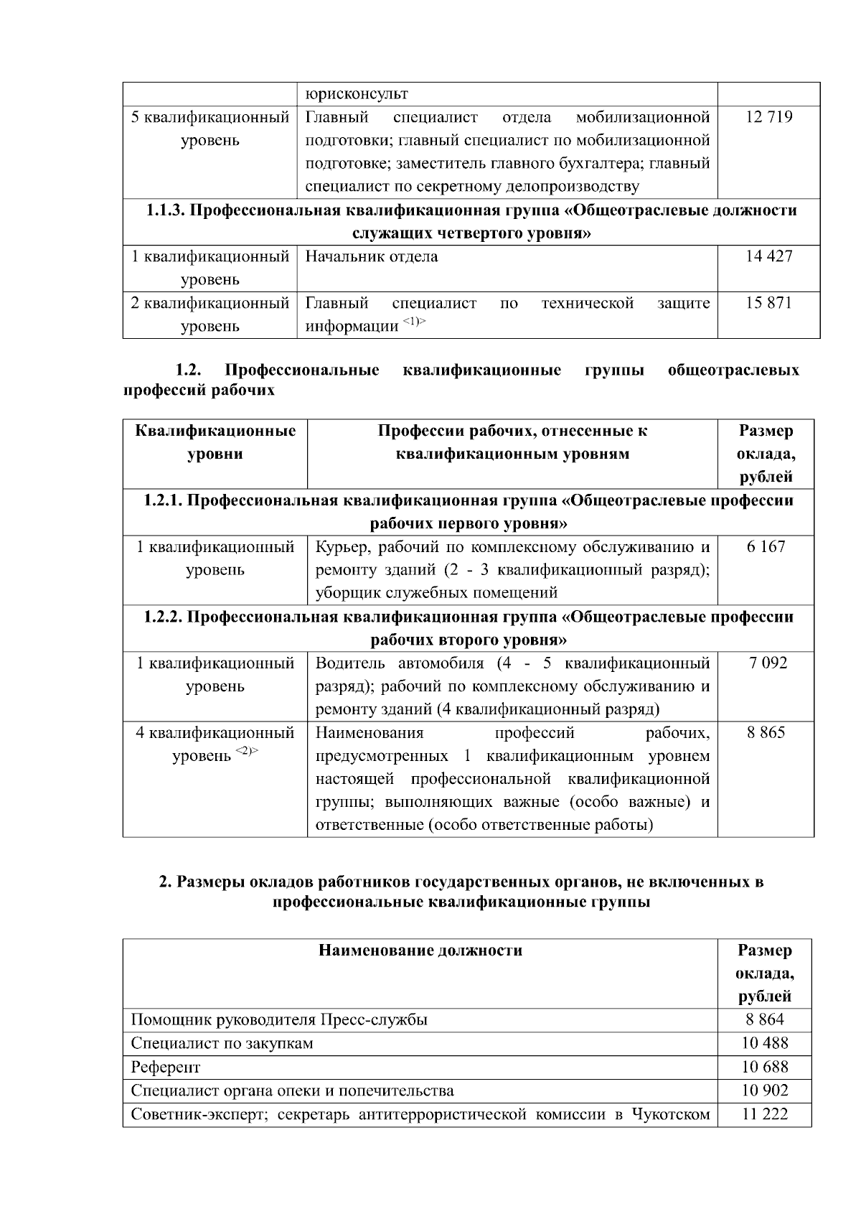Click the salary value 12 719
[x=768, y=118]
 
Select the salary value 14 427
[x=768, y=256]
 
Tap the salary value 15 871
[x=768, y=303]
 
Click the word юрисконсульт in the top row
[x=357, y=94]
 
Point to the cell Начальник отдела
[x=372, y=256]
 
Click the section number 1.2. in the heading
[x=189, y=370]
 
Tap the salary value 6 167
[x=766, y=547]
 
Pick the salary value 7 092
[x=766, y=663]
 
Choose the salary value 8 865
[x=766, y=733]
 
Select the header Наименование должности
[x=420, y=951]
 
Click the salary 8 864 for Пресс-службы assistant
[x=764, y=1020]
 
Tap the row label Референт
[x=166, y=1068]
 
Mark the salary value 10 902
[x=764, y=1090]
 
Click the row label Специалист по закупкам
[x=222, y=1044]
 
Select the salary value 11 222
[x=764, y=1114]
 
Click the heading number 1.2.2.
[x=163, y=617]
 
